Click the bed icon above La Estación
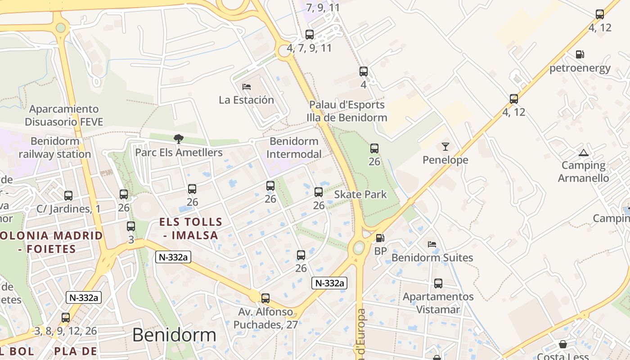coord(246,86)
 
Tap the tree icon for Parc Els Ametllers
coord(179,139)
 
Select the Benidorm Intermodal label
coord(294,148)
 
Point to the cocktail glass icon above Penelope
coord(445,146)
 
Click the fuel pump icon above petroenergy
coord(580,54)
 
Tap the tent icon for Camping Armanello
coord(584,153)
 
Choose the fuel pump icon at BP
coord(380,238)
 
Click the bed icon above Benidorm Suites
coord(432,244)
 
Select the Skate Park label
coord(360,194)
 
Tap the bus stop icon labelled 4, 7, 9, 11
coord(310,34)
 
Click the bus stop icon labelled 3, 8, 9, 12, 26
coord(66,318)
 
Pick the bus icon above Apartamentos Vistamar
coord(438,283)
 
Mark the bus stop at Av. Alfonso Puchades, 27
coord(265,298)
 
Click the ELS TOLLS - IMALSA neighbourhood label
coord(191,228)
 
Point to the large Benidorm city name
coord(174,335)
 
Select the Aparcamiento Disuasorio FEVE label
coord(64,115)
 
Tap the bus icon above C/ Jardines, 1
coord(68,196)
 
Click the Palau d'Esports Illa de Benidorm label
coord(346,111)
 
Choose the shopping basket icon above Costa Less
coord(562,345)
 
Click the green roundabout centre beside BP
coord(359,247)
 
